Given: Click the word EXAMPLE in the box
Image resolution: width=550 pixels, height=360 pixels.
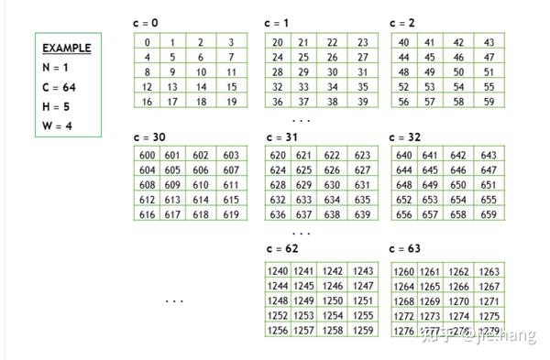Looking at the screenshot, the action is coord(66,48).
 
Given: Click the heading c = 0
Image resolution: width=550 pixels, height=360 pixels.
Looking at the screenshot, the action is coord(148,22).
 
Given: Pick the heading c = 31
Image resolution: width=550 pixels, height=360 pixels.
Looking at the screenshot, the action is coord(280,137).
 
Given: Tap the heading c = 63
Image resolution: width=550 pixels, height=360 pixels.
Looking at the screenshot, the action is coord(407,248).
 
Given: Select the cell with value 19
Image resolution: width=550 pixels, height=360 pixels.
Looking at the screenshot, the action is coord(231,101).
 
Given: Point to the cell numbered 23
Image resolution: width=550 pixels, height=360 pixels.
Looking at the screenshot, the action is coord(364,42).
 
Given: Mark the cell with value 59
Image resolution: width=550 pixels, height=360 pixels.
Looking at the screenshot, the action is coord(489,101).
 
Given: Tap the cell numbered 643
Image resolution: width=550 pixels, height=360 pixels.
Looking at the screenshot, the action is coord(489,156).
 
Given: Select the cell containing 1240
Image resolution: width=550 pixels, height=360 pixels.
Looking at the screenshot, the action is coord(278,271).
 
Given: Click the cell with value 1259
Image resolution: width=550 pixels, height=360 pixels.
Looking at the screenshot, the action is coord(364,330).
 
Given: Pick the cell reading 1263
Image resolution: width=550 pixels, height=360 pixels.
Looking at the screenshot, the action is coord(489,271).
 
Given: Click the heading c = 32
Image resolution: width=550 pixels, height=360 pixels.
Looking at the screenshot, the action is coord(407,137).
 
